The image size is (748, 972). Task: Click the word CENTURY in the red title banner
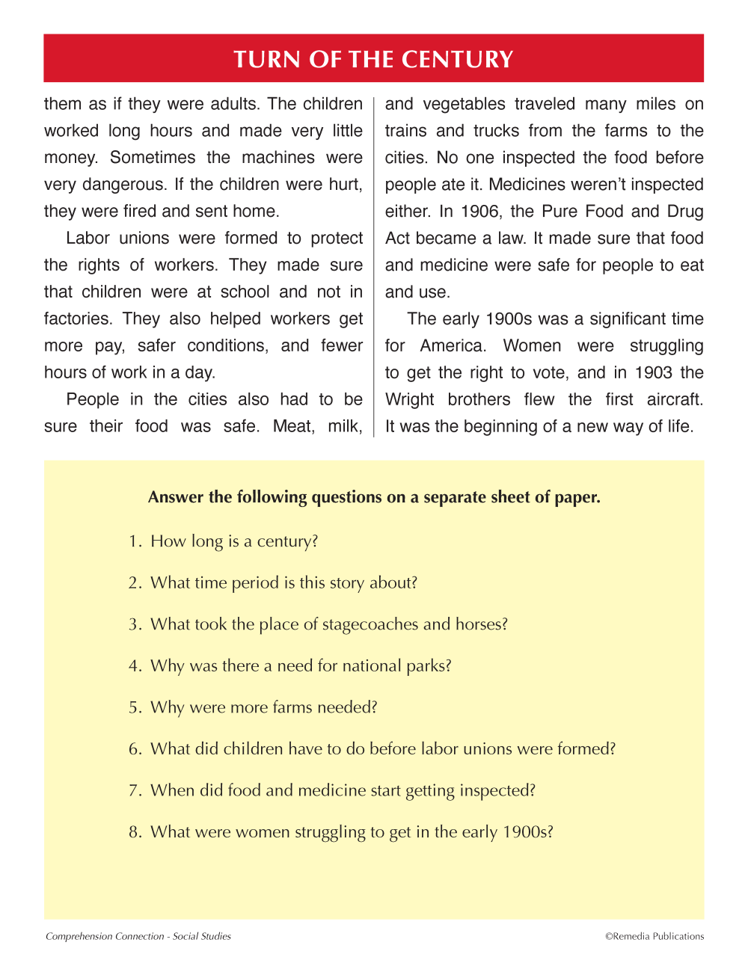(457, 59)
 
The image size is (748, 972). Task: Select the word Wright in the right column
(409, 400)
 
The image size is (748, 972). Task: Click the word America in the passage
(453, 346)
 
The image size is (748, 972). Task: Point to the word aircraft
(675, 400)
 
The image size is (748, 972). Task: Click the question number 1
(134, 541)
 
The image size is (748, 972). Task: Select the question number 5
(134, 707)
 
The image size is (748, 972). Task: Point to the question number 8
(134, 832)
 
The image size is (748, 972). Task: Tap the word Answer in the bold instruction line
(176, 497)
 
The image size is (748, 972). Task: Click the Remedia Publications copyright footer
(654, 936)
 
